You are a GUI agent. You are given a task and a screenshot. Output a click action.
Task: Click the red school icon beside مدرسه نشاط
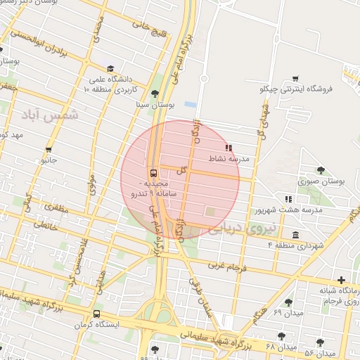pos(228,148)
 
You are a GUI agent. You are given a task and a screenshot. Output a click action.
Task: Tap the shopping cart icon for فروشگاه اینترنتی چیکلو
pos(295,78)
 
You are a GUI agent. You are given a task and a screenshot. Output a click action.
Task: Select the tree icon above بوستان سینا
pos(155,93)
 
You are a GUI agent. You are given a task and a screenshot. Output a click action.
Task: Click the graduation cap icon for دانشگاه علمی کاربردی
pos(111,69)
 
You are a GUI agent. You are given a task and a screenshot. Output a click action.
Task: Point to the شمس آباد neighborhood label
pos(60,114)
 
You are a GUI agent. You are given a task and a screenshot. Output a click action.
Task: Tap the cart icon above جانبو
pos(49,149)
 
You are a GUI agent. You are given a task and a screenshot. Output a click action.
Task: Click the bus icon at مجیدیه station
pos(153,173)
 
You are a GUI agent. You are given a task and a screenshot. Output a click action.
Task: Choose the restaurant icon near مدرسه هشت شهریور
pos(288,199)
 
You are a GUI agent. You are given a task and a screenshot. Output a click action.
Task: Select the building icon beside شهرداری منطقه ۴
pos(295,234)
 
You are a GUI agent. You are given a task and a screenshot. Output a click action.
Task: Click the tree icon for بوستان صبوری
pos(321,170)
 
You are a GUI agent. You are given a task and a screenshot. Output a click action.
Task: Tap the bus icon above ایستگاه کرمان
pos(96,314)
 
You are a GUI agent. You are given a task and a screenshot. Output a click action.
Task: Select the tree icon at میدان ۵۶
pos(320,342)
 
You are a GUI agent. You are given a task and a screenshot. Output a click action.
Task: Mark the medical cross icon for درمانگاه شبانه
pos(341,280)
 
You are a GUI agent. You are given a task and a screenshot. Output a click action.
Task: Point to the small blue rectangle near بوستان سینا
pos(190,105)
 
